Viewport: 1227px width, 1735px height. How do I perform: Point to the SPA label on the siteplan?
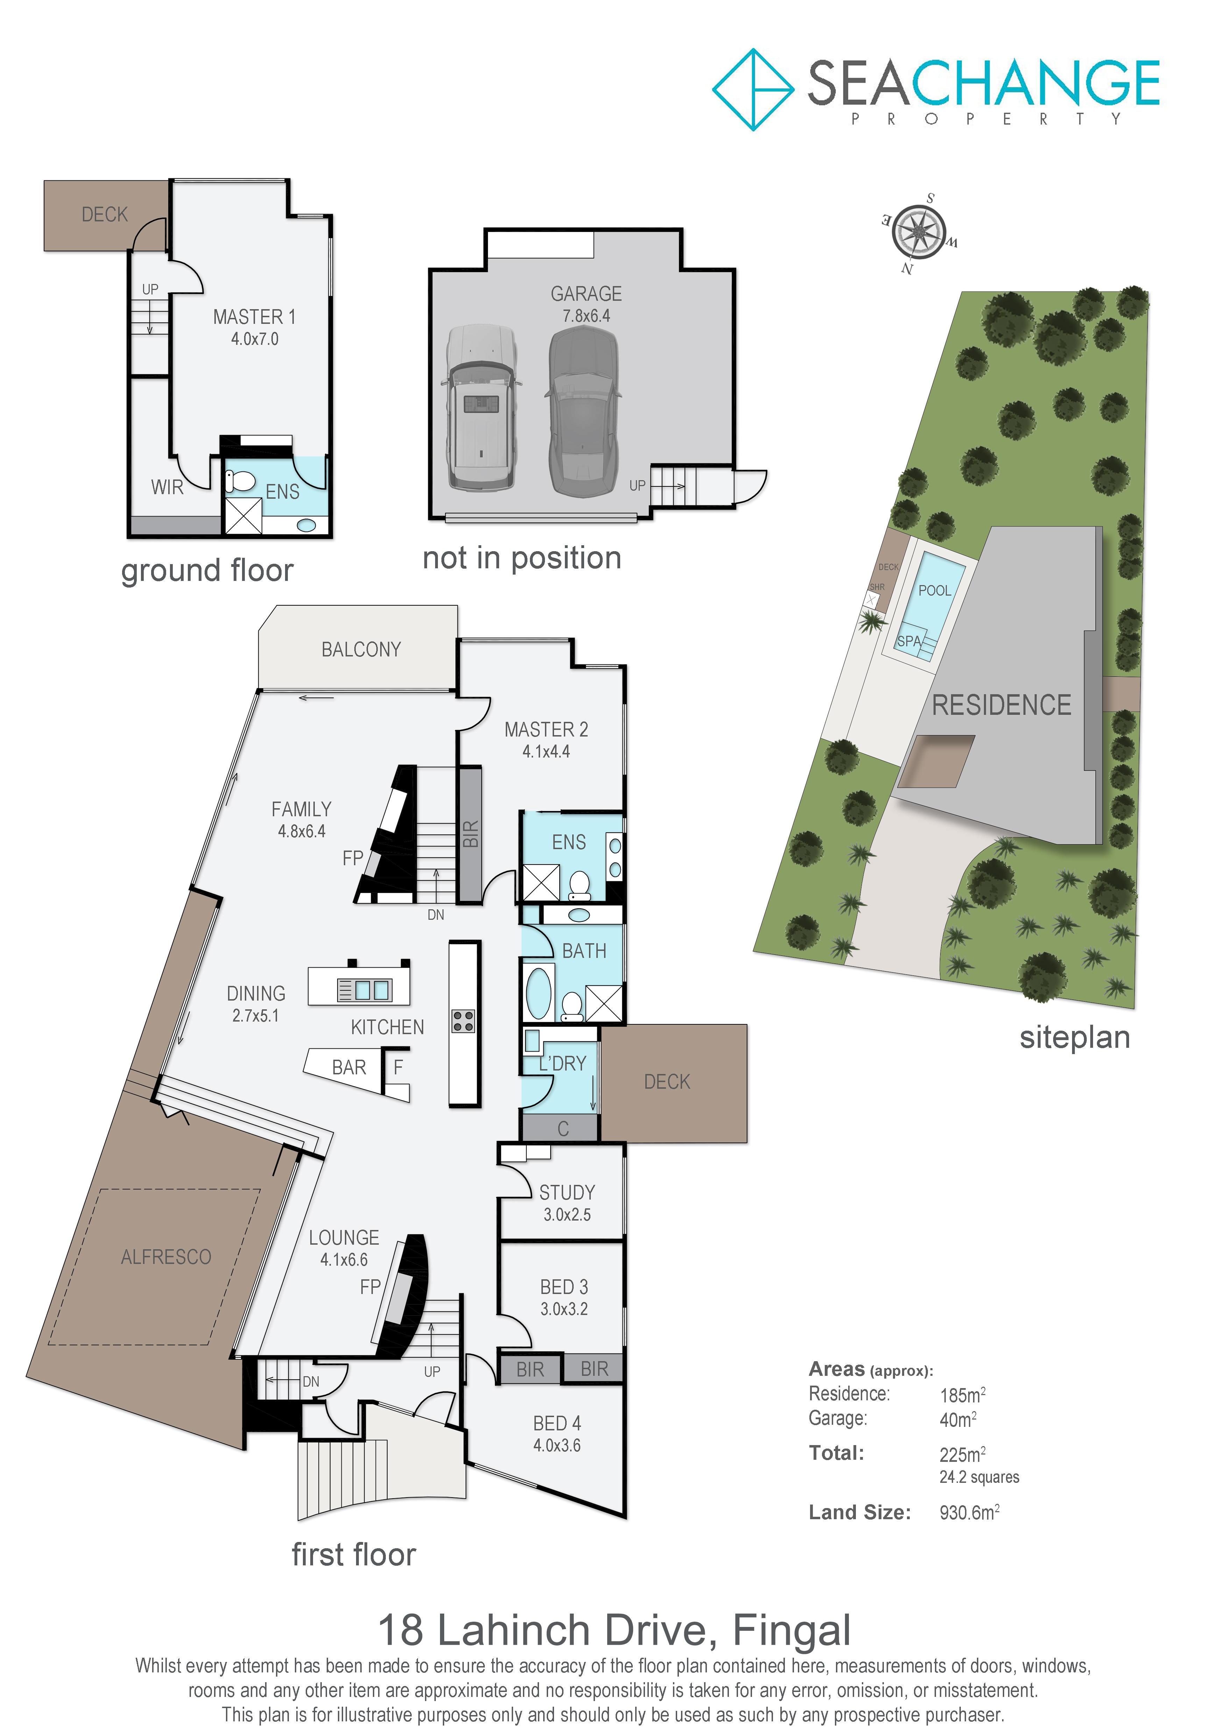point(909,641)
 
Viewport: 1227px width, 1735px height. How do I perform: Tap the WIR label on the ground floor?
point(167,488)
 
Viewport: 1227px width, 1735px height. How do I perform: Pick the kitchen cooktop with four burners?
point(463,1021)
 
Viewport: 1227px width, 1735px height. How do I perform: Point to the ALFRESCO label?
point(166,1257)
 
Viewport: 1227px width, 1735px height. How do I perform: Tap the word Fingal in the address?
point(792,1631)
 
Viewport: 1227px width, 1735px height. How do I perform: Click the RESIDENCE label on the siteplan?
point(1001,705)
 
